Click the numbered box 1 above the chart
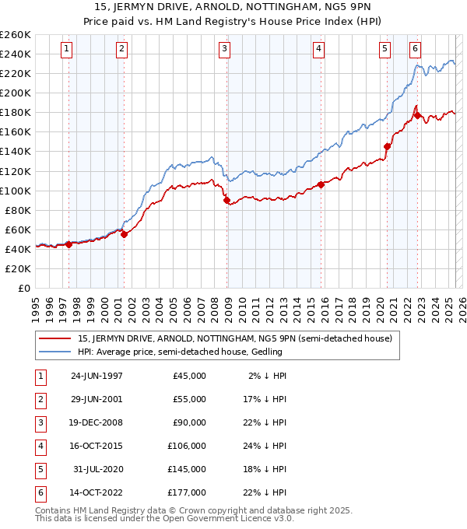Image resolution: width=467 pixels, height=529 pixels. pyautogui.click(x=67, y=48)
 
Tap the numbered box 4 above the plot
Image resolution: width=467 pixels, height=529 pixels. pyautogui.click(x=319, y=48)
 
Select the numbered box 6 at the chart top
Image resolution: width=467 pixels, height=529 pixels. pyautogui.click(x=416, y=48)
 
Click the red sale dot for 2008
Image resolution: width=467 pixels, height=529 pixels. pyautogui.click(x=227, y=200)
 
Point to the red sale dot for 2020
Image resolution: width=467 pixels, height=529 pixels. pyautogui.click(x=387, y=145)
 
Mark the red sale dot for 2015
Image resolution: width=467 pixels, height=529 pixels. pyautogui.click(x=321, y=184)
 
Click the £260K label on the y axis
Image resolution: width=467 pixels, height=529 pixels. pyautogui.click(x=15, y=35)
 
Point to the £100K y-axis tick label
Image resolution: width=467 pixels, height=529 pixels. pyautogui.click(x=15, y=191)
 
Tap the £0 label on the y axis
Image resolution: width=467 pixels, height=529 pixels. pyautogui.click(x=23, y=288)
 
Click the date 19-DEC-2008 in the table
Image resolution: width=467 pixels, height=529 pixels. pyautogui.click(x=97, y=422)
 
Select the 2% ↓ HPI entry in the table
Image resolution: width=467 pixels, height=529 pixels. pyautogui.click(x=268, y=376)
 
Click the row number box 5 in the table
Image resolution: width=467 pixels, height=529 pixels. pyautogui.click(x=39, y=470)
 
